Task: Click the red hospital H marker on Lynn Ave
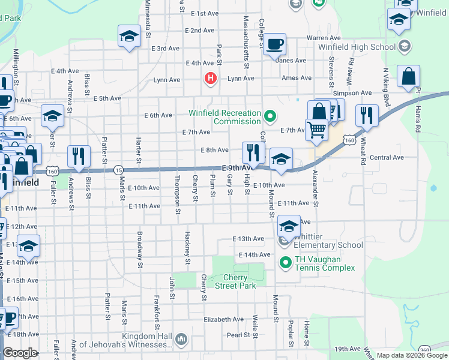(210, 78)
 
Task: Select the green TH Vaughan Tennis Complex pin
(286, 262)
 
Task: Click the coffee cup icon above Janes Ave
(274, 44)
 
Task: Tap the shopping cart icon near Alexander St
(316, 128)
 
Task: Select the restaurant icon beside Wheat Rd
(366, 115)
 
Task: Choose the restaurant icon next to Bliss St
(79, 157)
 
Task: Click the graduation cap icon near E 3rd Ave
(128, 37)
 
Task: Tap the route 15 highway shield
(118, 170)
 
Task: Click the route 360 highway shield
(425, 350)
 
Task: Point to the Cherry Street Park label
(240, 281)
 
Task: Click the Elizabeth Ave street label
(223, 320)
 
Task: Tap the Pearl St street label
(238, 335)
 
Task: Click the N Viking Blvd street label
(386, 83)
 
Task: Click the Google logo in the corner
(20, 353)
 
